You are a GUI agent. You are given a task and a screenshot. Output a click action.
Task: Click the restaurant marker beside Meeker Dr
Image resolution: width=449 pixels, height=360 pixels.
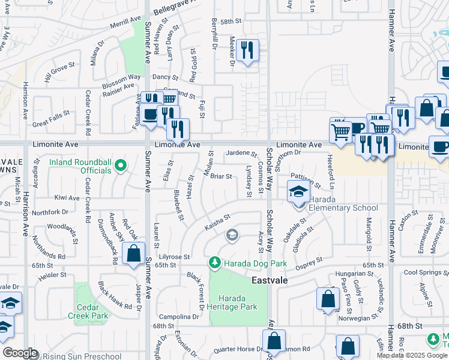point(247,50)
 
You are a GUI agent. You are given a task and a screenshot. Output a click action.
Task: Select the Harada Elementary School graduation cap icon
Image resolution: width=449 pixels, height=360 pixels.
point(298,193)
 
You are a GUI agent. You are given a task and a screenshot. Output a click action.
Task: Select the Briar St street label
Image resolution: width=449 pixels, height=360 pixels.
point(221,176)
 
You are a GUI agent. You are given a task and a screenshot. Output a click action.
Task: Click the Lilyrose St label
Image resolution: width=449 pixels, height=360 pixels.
point(173,256)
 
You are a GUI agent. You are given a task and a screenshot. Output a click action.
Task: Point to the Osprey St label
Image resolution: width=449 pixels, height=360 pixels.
point(311,262)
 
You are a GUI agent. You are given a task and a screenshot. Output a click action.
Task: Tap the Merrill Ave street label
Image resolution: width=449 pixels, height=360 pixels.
point(125,22)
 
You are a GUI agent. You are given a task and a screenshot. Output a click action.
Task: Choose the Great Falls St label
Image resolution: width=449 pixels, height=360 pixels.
point(53,124)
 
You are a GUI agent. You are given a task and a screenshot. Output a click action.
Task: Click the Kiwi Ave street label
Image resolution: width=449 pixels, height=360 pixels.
point(67,197)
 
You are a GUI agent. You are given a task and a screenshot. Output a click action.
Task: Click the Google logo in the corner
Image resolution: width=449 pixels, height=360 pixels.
point(20,353)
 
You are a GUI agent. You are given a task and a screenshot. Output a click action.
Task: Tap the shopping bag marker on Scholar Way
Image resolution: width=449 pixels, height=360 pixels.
point(274,341)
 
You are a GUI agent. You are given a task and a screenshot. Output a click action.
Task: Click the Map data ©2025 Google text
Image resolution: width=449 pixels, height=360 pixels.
point(412,355)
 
